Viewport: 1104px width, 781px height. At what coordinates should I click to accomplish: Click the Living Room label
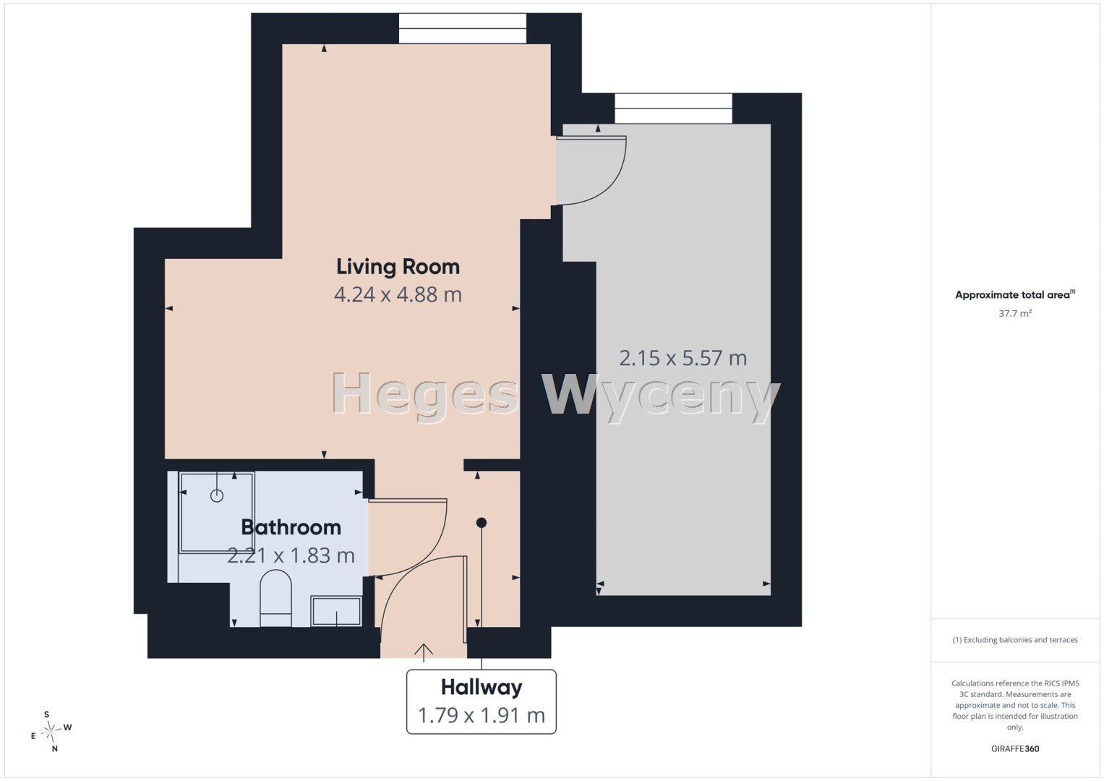[x=398, y=267]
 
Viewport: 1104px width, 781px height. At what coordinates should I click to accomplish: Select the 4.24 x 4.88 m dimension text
[x=398, y=295]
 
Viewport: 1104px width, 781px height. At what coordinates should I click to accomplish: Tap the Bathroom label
[x=291, y=528]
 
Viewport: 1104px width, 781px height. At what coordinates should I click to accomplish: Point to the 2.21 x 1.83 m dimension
[x=291, y=555]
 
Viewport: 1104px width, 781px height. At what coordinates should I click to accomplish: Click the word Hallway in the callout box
[x=482, y=688]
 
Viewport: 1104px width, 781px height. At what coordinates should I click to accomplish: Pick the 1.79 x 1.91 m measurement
[x=482, y=715]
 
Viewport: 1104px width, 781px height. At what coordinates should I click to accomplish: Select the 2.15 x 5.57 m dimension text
[x=682, y=358]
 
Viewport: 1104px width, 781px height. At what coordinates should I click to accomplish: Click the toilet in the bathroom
[x=275, y=598]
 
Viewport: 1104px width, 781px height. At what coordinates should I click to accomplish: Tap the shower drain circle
[x=217, y=495]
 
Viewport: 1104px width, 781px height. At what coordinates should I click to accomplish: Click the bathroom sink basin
[x=336, y=611]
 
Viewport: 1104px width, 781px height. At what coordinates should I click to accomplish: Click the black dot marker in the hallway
[x=482, y=523]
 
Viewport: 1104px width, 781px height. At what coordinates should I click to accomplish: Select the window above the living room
[x=462, y=29]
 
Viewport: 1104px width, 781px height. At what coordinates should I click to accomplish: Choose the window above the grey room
[x=673, y=108]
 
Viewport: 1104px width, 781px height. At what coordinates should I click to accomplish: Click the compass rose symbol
[x=51, y=731]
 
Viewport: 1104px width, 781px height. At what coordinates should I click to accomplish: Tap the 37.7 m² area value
[x=1015, y=313]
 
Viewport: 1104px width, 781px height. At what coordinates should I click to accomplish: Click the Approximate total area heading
[x=1015, y=294]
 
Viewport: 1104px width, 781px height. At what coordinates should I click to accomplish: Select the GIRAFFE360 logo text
[x=1015, y=748]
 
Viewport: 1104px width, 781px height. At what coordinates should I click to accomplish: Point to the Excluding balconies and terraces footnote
[x=1015, y=639]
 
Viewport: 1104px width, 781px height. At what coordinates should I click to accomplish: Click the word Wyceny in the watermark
[x=660, y=397]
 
